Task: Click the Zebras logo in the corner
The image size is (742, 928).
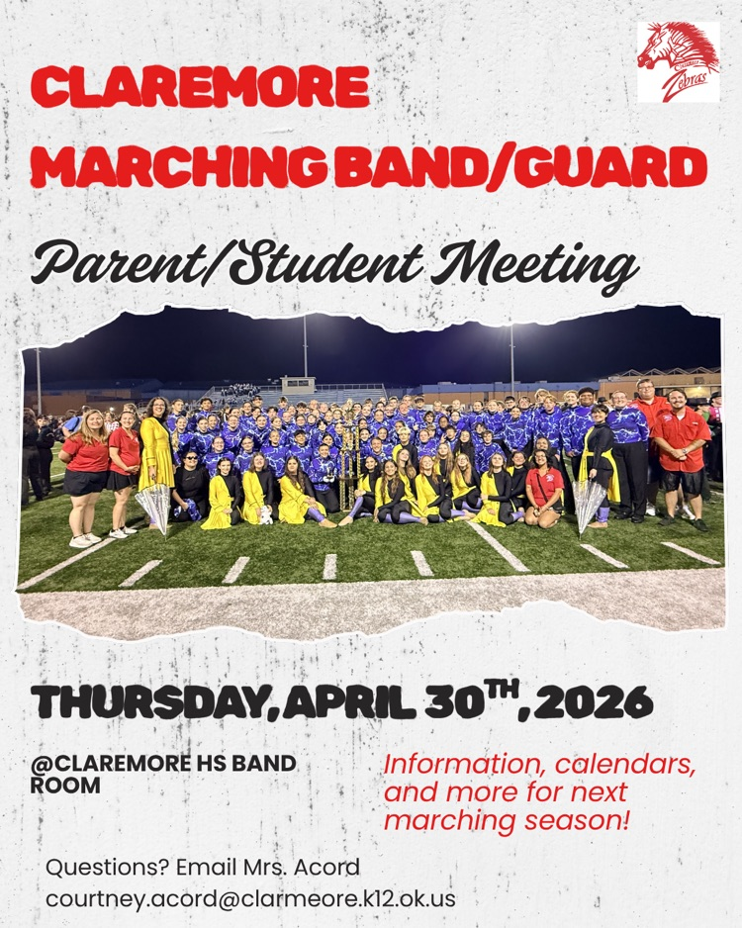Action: click(678, 61)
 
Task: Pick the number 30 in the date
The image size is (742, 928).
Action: click(449, 703)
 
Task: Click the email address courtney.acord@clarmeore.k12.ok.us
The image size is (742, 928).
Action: click(250, 900)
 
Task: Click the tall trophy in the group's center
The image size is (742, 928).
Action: click(346, 465)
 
